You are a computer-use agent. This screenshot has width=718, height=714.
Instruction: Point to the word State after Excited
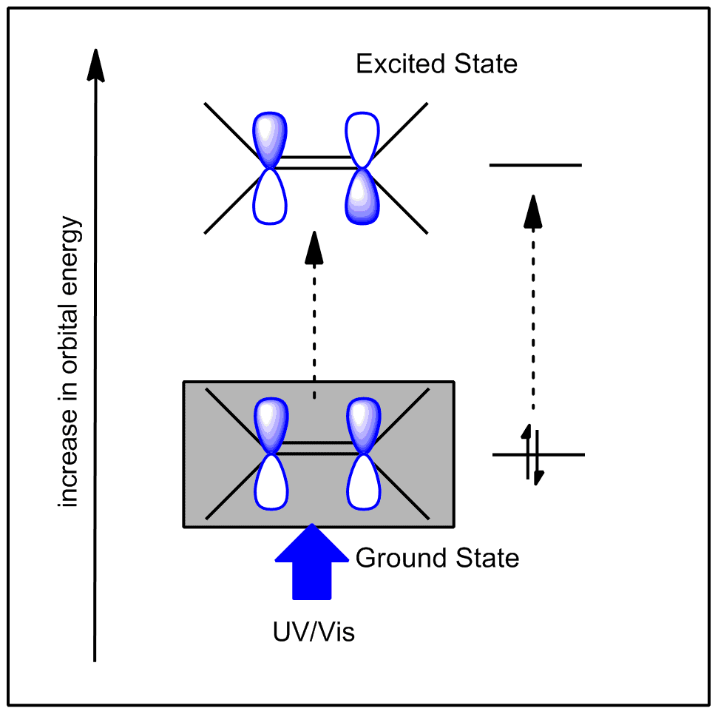484,64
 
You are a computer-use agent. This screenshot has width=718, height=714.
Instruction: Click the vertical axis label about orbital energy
70,363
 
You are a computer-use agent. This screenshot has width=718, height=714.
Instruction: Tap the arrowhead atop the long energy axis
95,64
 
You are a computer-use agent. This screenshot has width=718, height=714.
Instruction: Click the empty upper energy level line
535,165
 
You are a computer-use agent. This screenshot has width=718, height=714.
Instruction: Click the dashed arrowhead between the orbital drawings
314,246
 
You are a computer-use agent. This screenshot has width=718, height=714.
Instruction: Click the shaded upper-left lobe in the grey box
270,424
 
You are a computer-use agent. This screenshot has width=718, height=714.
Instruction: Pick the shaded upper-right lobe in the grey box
362,424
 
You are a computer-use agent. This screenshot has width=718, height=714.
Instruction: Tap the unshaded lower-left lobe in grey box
270,482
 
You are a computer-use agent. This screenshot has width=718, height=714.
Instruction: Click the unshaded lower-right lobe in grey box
362,482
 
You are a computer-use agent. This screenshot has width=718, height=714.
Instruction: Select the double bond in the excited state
316,163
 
